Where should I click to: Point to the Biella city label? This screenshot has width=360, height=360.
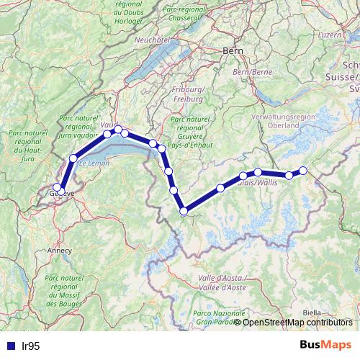pyautogui.click(x=312, y=312)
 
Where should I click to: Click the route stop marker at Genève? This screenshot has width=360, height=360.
pyautogui.click(x=58, y=188)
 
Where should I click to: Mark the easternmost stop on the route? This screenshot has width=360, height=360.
pyautogui.click(x=303, y=171)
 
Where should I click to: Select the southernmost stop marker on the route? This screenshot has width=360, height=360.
pyautogui.click(x=184, y=211)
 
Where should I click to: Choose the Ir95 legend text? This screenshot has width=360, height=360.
pyautogui.click(x=30, y=346)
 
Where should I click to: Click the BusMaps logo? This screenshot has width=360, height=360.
pyautogui.click(x=325, y=345)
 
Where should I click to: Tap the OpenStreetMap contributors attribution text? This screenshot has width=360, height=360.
pyautogui.click(x=298, y=322)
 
